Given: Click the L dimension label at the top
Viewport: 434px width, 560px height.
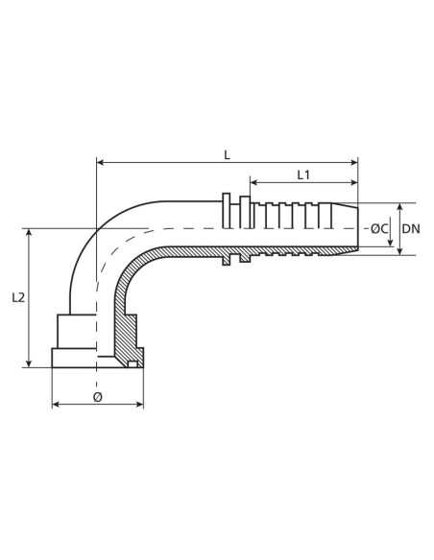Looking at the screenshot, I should pos(227,153).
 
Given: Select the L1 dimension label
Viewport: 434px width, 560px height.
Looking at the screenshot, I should pos(303,175).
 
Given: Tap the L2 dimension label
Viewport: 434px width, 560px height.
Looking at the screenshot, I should pos(18,298).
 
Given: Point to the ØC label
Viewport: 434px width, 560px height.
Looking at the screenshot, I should pos(380,228).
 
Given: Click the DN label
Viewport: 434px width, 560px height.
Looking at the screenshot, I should pos(411,228).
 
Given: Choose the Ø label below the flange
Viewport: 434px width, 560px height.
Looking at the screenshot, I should pos(98,395).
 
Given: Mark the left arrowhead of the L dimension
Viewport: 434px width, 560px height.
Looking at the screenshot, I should pos(101,163).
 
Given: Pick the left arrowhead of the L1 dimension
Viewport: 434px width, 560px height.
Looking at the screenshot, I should pos(253,183).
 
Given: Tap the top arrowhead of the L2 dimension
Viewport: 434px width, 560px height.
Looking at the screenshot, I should pos(31,233).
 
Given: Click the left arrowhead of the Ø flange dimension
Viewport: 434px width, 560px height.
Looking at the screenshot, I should pos(56,405).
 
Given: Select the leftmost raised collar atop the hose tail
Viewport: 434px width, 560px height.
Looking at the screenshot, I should pos(226,211).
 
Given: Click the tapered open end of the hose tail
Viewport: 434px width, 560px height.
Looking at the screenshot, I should pos(351,229).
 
